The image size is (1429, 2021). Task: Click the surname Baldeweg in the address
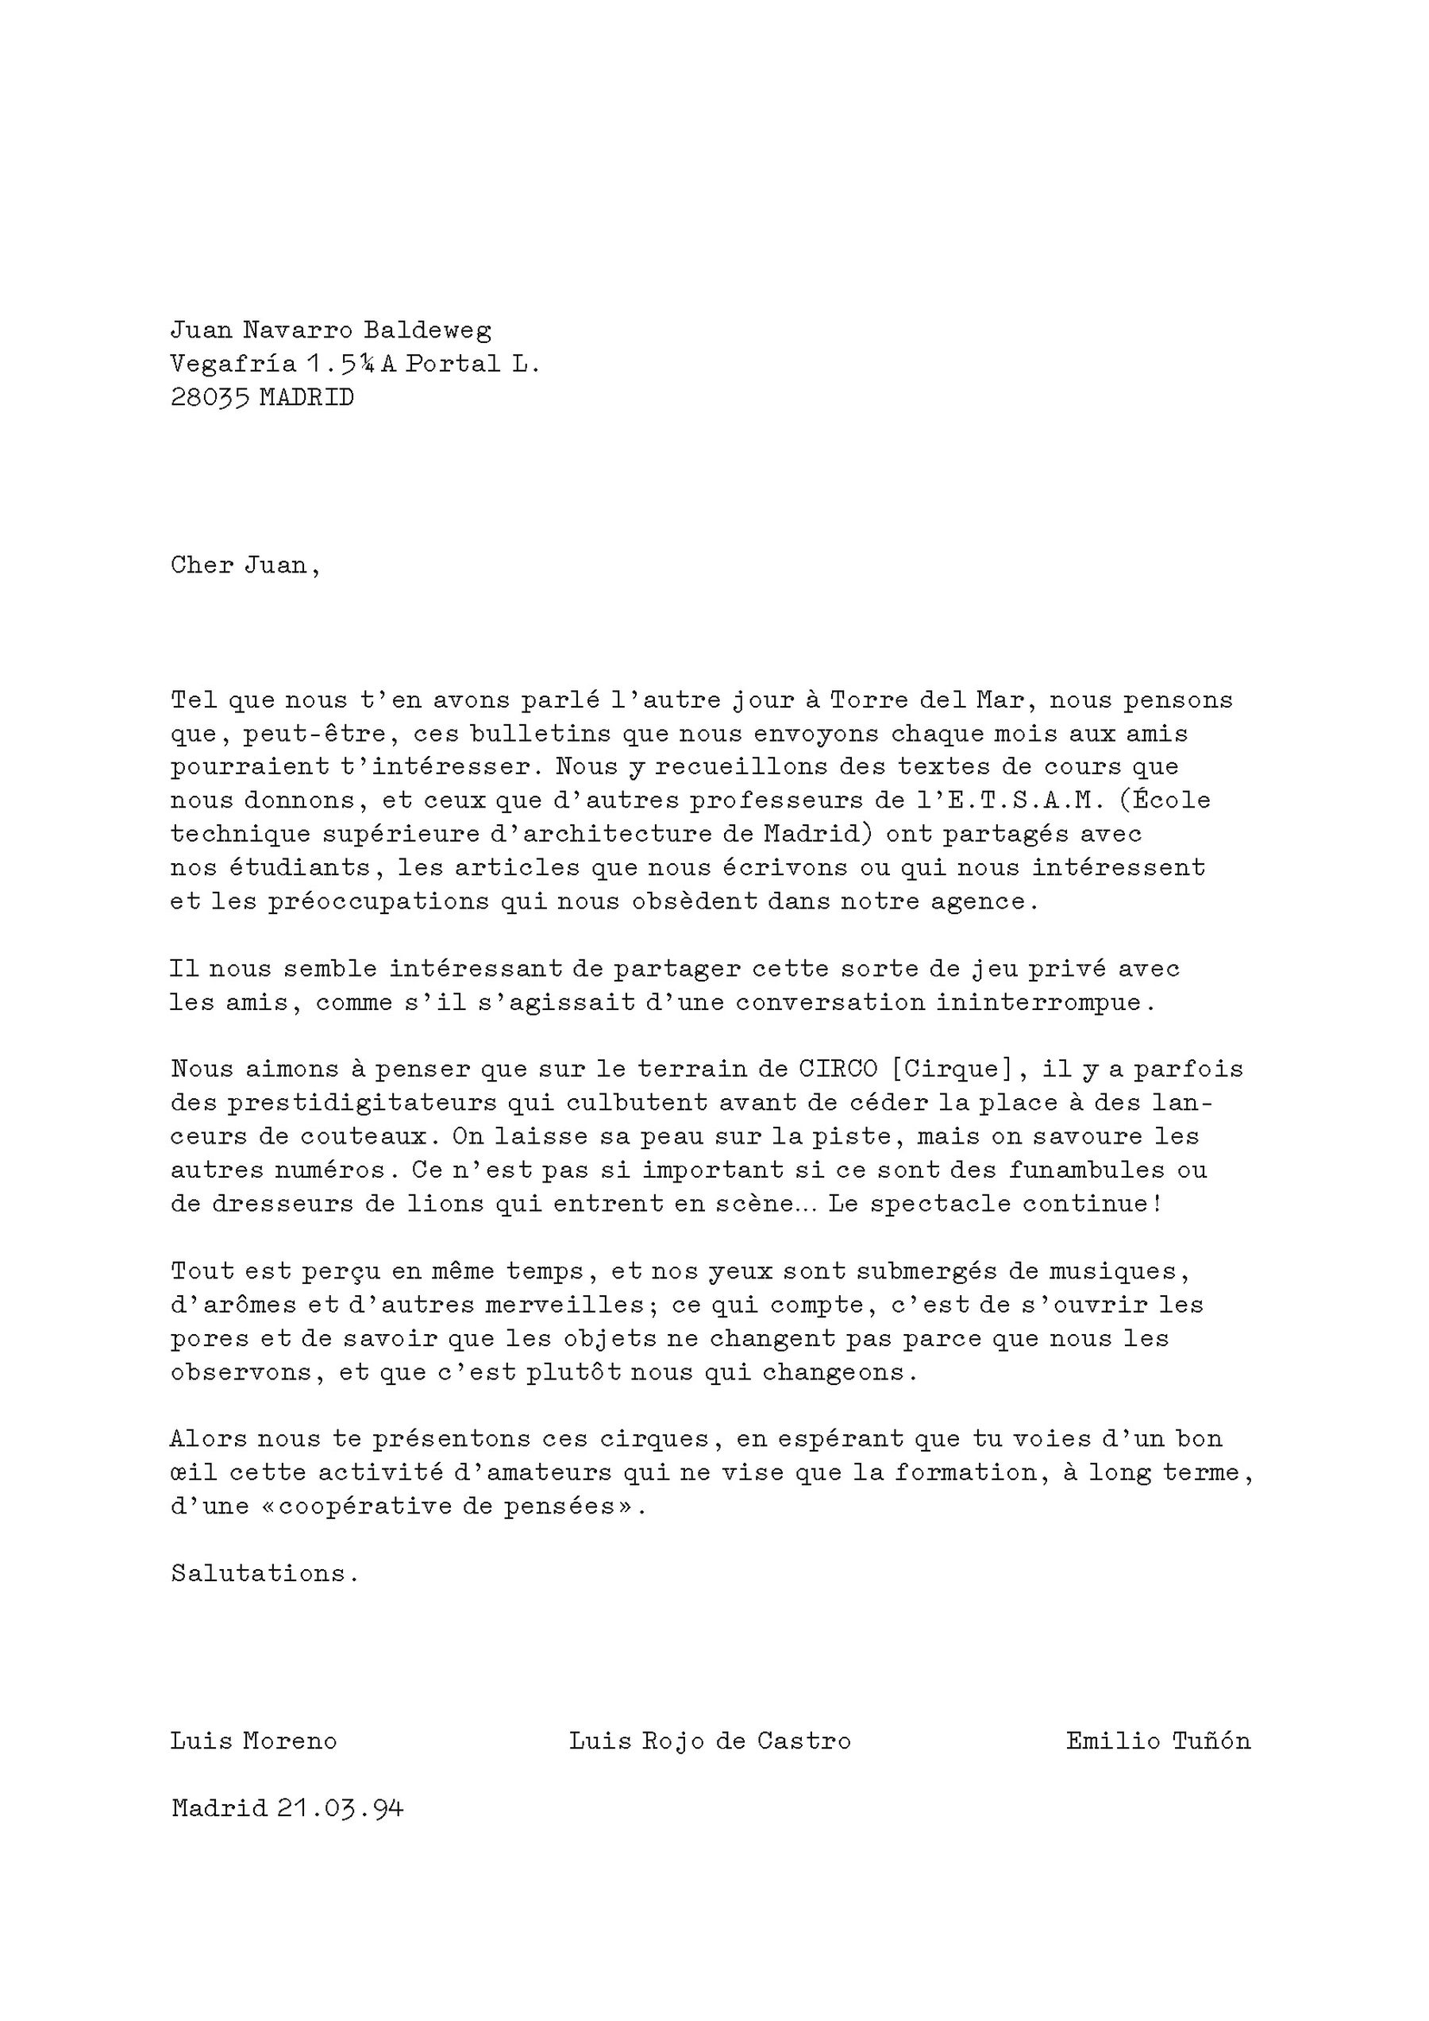point(428,330)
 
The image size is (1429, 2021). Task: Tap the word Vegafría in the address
point(233,364)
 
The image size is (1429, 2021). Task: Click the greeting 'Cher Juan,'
point(245,565)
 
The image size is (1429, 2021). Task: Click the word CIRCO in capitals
point(838,1070)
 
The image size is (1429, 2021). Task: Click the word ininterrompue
point(1044,1003)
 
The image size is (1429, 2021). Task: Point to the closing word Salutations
point(264,1574)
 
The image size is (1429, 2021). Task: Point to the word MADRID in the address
point(306,398)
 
